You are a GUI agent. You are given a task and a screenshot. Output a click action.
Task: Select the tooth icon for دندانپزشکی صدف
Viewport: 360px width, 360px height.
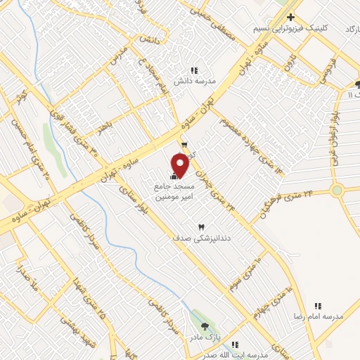point(202,227)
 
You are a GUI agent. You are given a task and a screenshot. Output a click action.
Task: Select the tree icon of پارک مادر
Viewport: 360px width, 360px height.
point(205,326)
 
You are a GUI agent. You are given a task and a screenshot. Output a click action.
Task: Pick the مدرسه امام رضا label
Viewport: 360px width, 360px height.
point(319,316)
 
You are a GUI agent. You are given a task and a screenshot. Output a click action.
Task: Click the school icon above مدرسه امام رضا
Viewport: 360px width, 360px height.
point(318,306)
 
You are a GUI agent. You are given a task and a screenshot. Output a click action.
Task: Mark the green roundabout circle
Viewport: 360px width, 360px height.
point(337,190)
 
